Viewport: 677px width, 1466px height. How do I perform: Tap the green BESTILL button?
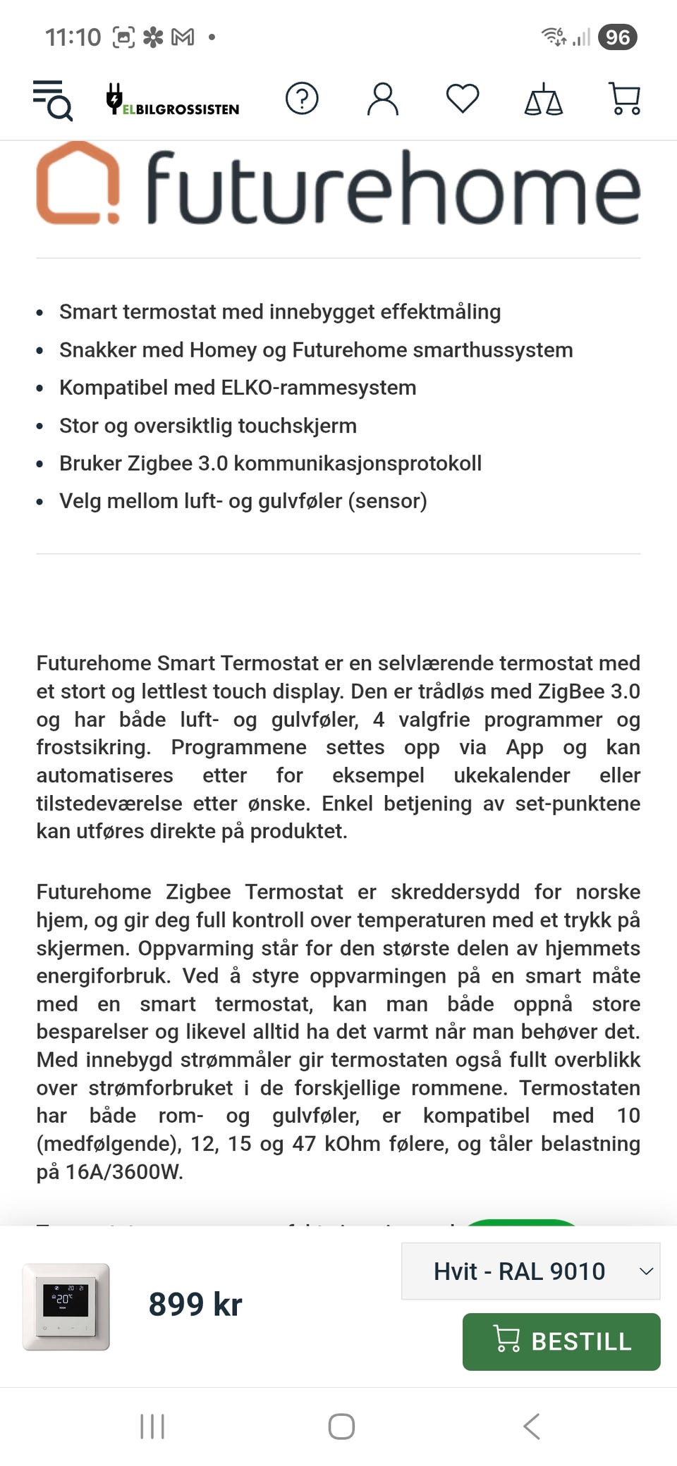pos(561,1341)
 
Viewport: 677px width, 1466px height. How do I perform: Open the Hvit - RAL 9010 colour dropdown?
pos(530,1271)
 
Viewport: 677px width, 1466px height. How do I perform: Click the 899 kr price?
pos(195,1304)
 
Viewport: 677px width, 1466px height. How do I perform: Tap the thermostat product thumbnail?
pos(66,1306)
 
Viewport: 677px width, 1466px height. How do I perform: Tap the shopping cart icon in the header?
pos(624,99)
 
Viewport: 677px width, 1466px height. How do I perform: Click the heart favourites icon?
pos(463,99)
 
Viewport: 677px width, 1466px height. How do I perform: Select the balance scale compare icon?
pos(543,99)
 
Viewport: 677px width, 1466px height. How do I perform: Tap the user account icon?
pos(382,99)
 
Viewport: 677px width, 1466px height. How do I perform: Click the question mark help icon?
pos(302,99)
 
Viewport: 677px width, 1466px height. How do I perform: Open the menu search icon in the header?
pos(53,99)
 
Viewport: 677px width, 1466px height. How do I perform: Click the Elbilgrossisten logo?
pos(173,100)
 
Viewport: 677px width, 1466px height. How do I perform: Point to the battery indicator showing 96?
pos(617,37)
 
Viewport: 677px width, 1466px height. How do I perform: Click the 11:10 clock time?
pos(73,37)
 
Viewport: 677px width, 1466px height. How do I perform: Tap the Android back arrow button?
pos(532,1426)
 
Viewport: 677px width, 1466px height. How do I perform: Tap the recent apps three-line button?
pos(152,1426)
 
